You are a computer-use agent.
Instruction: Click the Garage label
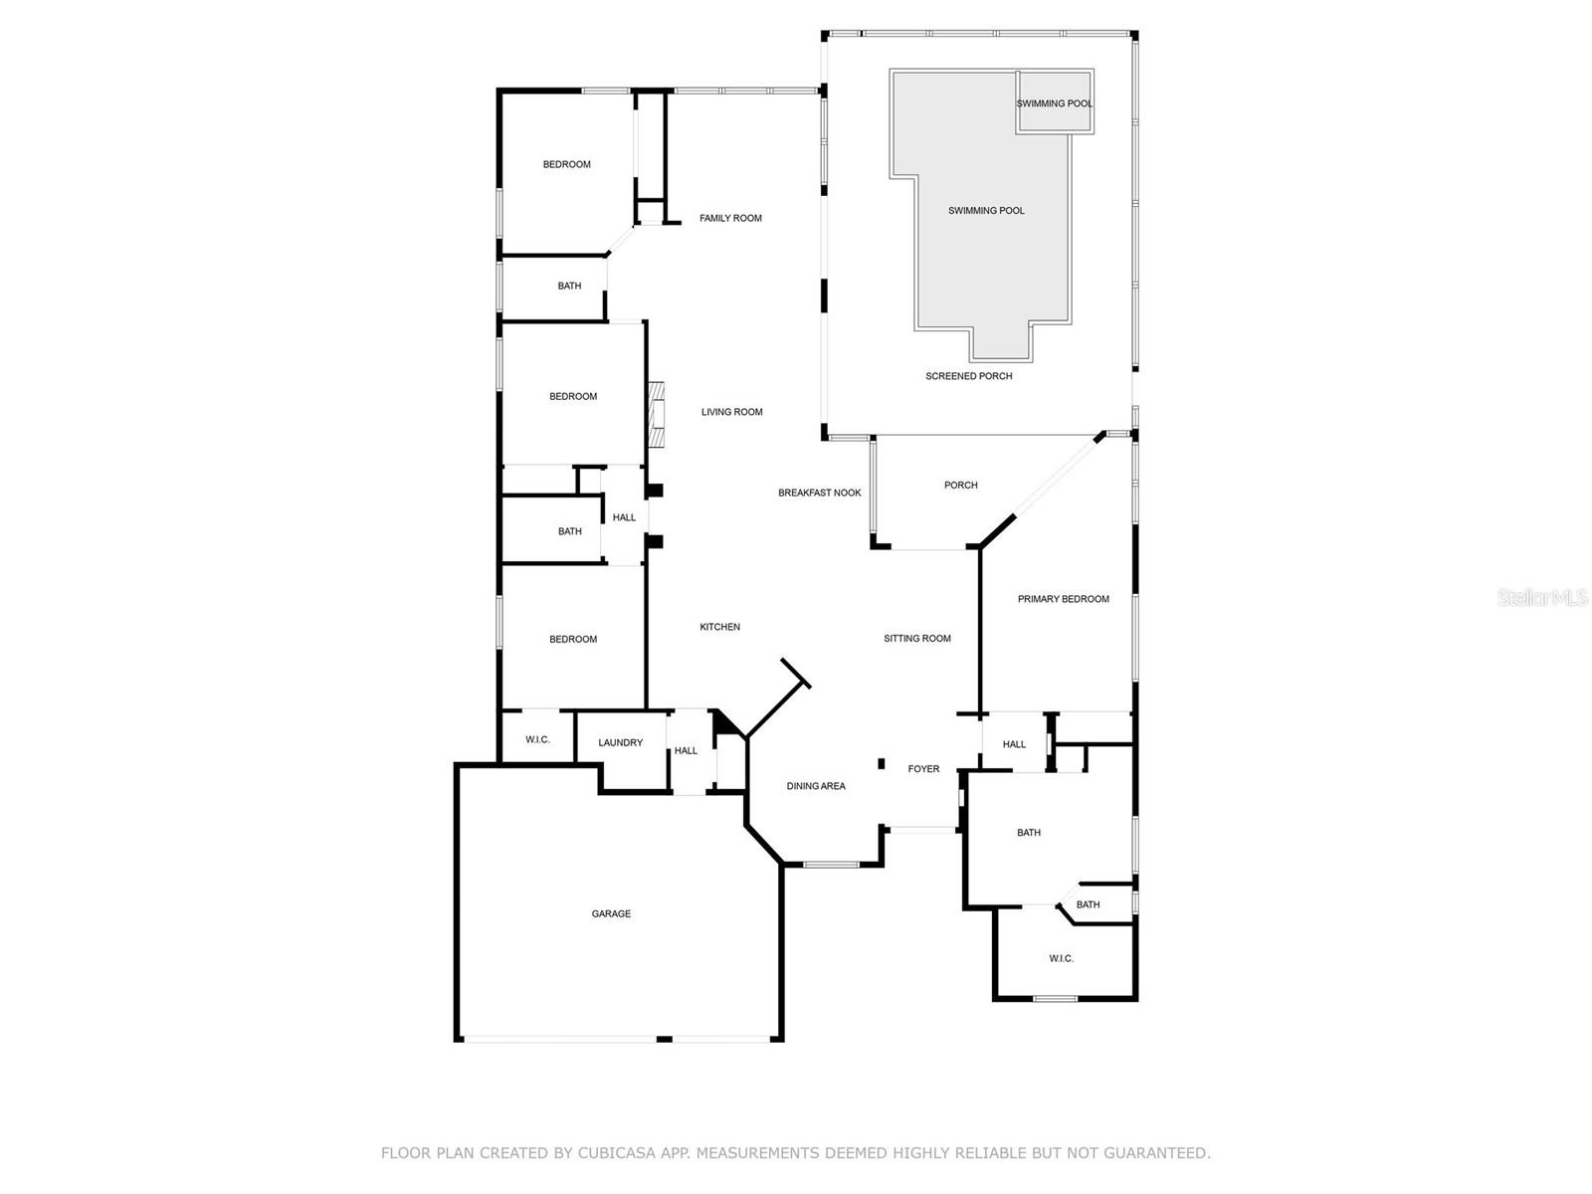(x=611, y=913)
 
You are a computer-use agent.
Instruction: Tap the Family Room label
(x=730, y=218)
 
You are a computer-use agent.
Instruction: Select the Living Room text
(x=731, y=412)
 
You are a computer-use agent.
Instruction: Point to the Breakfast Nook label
(x=820, y=493)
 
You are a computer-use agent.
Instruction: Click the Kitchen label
(x=719, y=627)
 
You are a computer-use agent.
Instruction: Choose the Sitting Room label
(x=916, y=638)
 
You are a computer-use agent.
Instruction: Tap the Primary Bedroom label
(x=1064, y=599)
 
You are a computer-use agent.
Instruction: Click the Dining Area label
(x=816, y=786)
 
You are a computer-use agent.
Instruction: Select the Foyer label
(x=923, y=768)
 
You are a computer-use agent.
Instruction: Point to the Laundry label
(x=620, y=742)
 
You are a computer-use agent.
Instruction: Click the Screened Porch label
(x=968, y=375)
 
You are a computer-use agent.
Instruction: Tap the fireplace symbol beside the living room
(x=657, y=415)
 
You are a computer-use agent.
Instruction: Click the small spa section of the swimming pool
(x=1055, y=101)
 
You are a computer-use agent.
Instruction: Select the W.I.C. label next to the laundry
(x=537, y=739)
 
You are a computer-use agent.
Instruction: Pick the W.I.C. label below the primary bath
(x=1061, y=958)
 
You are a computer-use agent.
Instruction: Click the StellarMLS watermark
(x=1542, y=597)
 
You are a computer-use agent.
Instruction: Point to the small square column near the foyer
(x=882, y=763)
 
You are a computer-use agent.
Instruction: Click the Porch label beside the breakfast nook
(x=960, y=485)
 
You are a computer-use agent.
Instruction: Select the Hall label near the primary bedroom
(x=1014, y=744)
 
